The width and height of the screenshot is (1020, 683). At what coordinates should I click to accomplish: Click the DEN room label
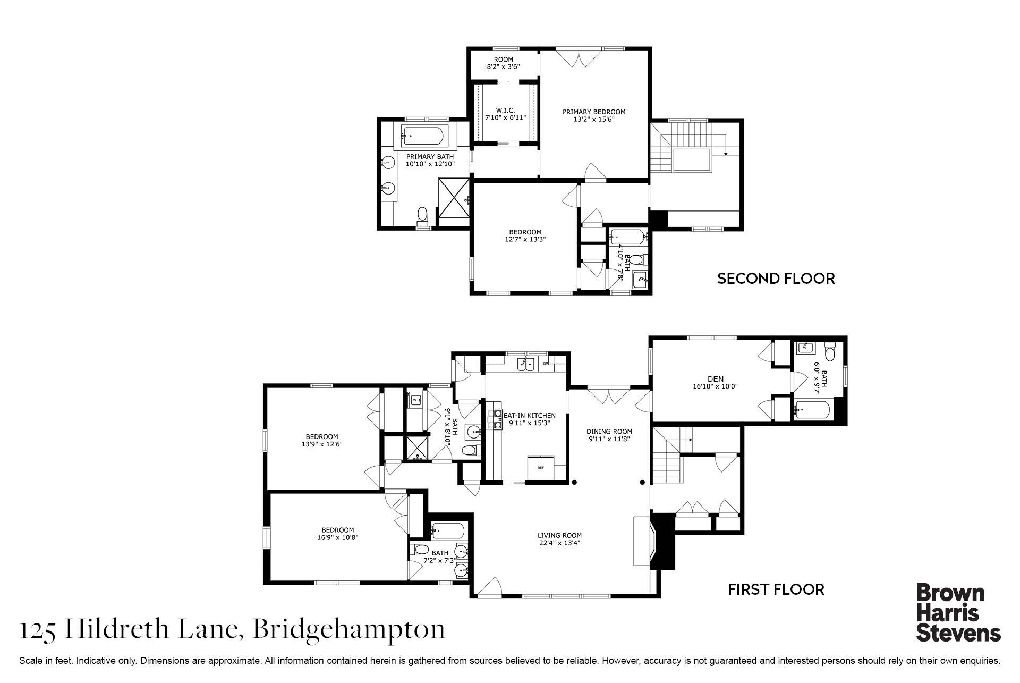716,379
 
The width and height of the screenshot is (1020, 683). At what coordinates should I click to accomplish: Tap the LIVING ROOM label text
559,535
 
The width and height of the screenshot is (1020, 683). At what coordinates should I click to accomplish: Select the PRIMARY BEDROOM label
594,112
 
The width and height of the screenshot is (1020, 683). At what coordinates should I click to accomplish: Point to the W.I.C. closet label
506,110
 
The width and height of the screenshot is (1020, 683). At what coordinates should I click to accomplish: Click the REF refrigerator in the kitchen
541,468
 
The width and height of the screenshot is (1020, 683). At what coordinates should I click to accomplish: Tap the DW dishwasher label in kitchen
546,364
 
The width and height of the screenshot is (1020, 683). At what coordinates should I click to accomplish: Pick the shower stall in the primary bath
454,197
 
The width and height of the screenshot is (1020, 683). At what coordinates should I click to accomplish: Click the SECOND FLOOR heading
776,279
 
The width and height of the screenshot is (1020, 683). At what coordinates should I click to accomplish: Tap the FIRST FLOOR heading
776,589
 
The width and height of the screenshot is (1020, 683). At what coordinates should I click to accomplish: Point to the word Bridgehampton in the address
348,630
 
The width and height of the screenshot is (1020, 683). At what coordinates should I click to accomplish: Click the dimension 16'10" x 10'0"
716,386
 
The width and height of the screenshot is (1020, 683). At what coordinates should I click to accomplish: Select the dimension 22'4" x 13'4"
559,543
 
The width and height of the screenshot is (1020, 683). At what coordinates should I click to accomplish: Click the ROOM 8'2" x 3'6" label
503,63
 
